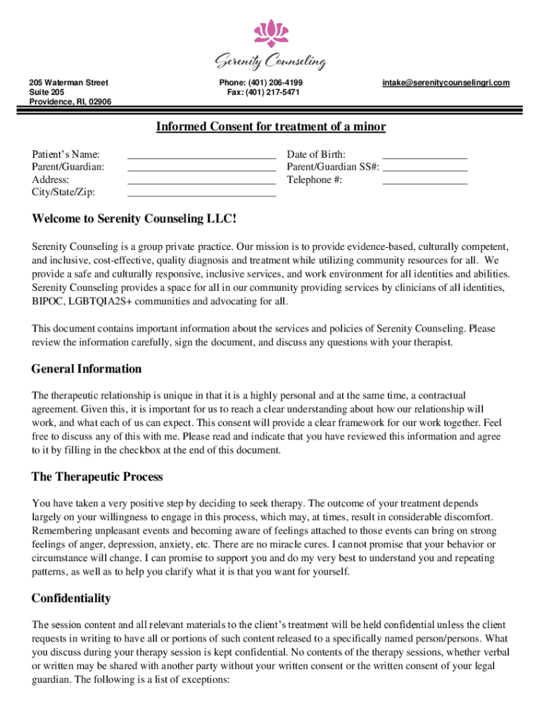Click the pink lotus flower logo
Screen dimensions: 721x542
[271, 33]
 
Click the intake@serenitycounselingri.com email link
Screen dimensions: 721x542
[446, 83]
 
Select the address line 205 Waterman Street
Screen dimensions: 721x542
[68, 83]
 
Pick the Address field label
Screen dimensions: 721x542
[50, 180]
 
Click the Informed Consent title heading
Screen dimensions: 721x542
[271, 127]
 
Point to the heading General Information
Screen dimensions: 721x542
[87, 369]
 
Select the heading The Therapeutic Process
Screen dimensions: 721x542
[97, 477]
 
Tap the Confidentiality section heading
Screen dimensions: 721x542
[71, 598]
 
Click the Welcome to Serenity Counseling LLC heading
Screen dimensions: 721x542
[134, 219]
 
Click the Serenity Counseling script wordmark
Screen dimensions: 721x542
[271, 63]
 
